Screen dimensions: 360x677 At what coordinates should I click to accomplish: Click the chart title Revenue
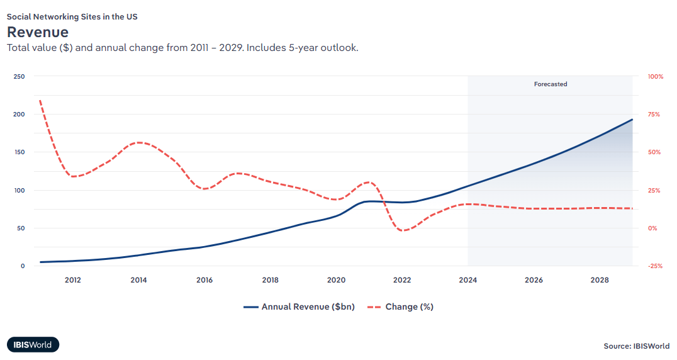[x=38, y=31]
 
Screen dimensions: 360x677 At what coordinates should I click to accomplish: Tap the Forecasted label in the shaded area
[x=551, y=84]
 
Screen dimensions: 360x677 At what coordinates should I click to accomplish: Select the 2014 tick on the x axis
[x=138, y=280]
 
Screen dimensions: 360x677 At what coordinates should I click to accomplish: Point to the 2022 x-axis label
[x=402, y=280]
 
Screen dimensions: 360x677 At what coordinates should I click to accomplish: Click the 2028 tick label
[x=600, y=280]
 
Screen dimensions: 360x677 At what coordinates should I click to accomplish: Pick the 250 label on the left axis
[x=19, y=77]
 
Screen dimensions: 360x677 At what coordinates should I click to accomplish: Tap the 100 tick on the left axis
[x=19, y=190]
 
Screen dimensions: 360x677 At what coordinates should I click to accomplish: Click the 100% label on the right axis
[x=656, y=77]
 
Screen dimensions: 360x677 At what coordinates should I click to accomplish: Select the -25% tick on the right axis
[x=656, y=266]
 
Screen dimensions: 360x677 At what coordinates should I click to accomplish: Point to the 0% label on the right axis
[x=652, y=228]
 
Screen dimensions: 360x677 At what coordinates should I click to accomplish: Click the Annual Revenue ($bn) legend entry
[x=299, y=307]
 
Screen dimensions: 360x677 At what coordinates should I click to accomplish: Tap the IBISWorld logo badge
[x=33, y=344]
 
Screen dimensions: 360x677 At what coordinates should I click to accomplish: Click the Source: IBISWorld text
[x=636, y=346]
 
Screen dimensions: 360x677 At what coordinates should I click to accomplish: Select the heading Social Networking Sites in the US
[x=72, y=17]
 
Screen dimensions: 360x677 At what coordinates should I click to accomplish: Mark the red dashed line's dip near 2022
[x=403, y=230]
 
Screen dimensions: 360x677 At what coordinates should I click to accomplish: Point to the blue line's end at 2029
[x=632, y=120]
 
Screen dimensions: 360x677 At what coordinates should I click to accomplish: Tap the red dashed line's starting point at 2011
[x=40, y=100]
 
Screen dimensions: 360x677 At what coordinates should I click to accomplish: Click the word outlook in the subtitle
[x=339, y=48]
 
